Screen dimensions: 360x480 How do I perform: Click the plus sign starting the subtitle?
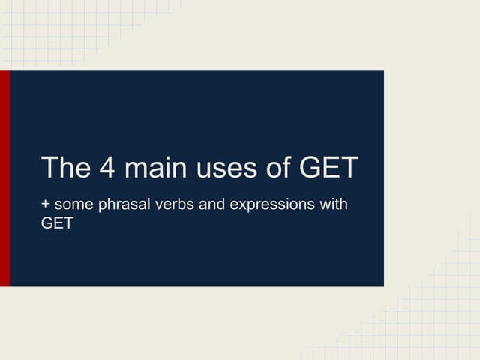point(46,204)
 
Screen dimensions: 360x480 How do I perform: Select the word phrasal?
point(122,205)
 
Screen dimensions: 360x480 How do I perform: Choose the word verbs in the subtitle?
point(172,204)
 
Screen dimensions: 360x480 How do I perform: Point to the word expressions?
point(272,205)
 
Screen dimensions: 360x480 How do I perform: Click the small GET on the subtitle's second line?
point(57,223)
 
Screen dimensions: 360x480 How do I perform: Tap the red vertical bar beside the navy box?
point(4,178)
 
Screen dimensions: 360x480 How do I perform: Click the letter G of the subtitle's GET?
point(46,223)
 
